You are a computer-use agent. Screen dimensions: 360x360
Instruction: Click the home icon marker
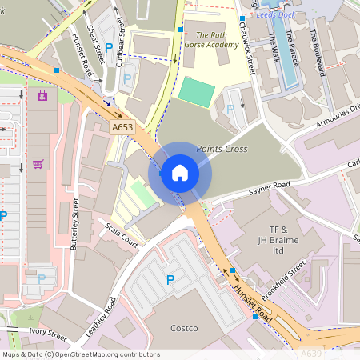point(180,172)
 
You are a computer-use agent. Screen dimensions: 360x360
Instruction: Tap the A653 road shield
point(122,126)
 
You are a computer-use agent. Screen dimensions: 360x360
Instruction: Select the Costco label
point(184,328)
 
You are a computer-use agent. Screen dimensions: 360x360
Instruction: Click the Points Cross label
point(221,150)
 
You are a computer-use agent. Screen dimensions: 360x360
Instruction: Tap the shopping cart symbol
point(38,164)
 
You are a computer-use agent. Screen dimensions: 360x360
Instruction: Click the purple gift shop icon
point(42,95)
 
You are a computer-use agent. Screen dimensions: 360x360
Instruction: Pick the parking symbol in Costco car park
point(170,279)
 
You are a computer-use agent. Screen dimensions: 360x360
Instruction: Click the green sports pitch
point(197,90)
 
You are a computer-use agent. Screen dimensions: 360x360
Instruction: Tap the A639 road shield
point(312,352)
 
